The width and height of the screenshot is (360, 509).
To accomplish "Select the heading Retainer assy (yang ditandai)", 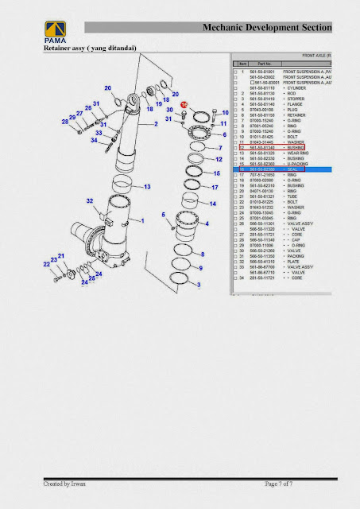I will click(x=89, y=49).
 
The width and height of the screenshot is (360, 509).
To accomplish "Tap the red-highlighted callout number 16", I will click(x=184, y=105).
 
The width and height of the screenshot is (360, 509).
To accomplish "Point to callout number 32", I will click(x=90, y=200).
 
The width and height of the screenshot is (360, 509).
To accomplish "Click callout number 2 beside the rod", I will click(x=157, y=125).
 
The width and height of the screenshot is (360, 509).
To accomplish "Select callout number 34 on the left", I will click(x=93, y=140).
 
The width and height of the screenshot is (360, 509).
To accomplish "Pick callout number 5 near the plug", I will click(x=163, y=216).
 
